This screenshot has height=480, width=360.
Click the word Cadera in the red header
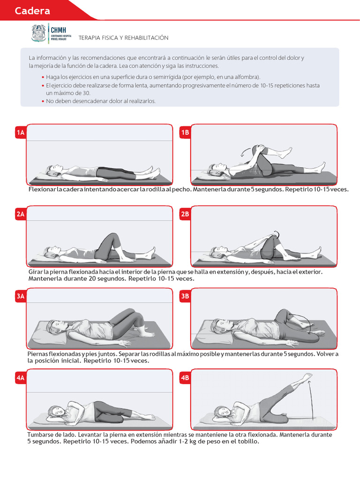pyautogui.click(x=32, y=11)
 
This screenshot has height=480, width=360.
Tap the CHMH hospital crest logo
pyautogui.click(x=39, y=33)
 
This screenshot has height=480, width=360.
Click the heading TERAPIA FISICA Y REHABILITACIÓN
pyautogui.click(x=123, y=37)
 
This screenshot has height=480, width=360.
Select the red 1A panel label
pyautogui.click(x=21, y=133)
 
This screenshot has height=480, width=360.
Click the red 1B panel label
pyautogui.click(x=185, y=133)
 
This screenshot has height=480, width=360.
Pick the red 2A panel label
pyautogui.click(x=21, y=214)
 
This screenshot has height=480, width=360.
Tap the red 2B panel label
pyautogui.click(x=185, y=214)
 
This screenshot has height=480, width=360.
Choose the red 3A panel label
pyautogui.click(x=21, y=296)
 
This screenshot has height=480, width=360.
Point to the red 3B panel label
pyautogui.click(x=185, y=296)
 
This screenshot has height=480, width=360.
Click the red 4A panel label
pyautogui.click(x=21, y=378)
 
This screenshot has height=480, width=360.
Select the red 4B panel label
pyautogui.click(x=185, y=378)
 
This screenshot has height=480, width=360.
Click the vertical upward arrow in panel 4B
pyautogui.click(x=312, y=400)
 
